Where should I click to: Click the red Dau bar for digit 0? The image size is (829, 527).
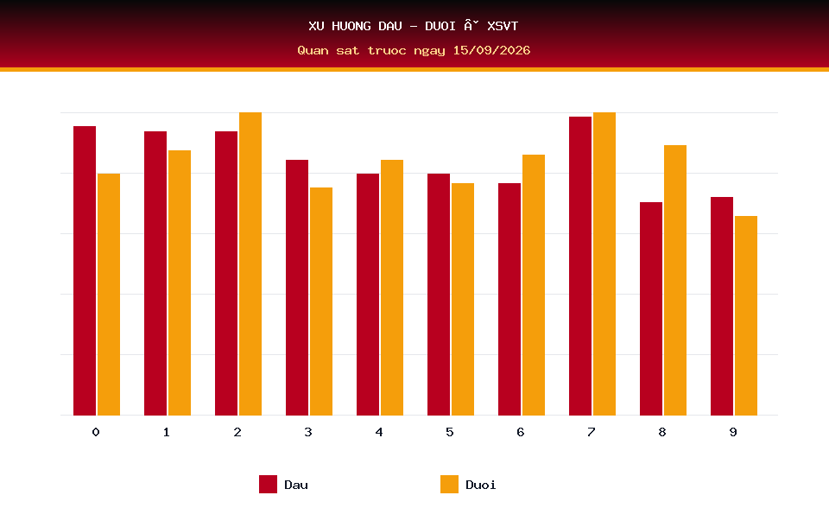coord(85,270)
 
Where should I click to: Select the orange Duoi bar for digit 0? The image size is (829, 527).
coord(109,295)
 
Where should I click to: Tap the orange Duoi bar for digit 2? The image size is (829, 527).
coord(250,263)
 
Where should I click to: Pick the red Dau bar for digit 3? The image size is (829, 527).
coord(297,288)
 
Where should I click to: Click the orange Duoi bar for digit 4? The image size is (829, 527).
coord(392,288)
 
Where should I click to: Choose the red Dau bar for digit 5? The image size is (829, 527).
coord(439,295)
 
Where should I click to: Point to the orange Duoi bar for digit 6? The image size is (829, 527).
coord(534,284)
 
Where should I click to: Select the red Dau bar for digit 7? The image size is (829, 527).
coord(580,265)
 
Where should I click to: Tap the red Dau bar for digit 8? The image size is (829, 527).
coord(651,308)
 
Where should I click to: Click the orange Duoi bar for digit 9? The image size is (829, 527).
coord(746,315)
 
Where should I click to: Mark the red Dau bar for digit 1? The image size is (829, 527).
coord(155,273)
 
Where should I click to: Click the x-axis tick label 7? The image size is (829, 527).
coord(591,432)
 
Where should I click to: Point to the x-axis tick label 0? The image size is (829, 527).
coord(96,432)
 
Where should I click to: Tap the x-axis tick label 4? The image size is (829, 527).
coord(379,432)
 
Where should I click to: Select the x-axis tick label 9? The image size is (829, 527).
coord(733,432)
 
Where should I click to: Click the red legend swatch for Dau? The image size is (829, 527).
coord(268,484)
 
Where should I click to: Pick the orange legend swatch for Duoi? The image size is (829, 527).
coord(449,484)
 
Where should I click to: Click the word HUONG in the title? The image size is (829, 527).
coord(351,26)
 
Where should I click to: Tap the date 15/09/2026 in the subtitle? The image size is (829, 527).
coord(491,50)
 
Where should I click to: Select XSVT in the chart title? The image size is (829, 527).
coord(503,26)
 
